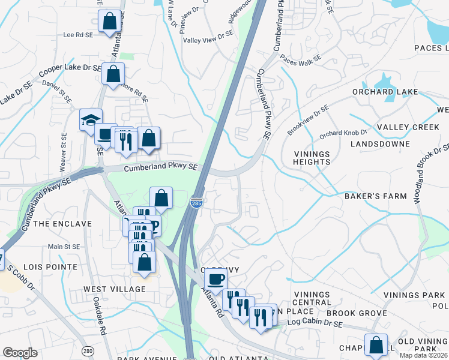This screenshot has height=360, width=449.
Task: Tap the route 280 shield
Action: click(89, 350)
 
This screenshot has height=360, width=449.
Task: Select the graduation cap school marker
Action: click(91, 120)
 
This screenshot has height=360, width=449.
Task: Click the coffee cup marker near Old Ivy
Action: click(216, 279)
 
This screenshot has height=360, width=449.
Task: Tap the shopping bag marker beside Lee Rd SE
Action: click(109, 21)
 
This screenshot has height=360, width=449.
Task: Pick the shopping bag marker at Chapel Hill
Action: click(376, 346)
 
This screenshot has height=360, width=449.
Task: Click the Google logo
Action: click(20, 353)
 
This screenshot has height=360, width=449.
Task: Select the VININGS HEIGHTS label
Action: click(312, 158)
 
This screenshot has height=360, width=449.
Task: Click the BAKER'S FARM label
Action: click(375, 196)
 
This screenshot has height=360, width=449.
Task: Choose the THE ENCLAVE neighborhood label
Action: click(62, 224)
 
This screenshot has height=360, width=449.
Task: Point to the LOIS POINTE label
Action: click(50, 266)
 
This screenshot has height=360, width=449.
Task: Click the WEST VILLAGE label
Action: click(115, 289)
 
